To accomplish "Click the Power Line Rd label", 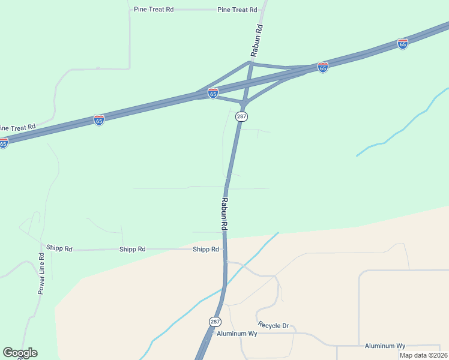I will [x=41, y=273].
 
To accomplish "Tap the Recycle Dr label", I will [x=273, y=326].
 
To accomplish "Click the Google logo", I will [x=20, y=353].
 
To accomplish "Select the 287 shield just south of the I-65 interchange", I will [x=241, y=116].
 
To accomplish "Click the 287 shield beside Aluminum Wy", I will [x=215, y=322].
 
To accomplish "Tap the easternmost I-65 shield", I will [x=403, y=44].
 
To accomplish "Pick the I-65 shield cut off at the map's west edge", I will [x=3, y=143].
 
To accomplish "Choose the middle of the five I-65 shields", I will [x=213, y=93].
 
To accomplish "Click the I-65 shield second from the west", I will [x=99, y=120].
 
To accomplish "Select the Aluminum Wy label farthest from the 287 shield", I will [x=385, y=346].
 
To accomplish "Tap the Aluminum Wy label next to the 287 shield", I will [x=237, y=334].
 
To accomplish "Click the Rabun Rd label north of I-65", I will [x=257, y=40].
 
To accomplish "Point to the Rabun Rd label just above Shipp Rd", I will [x=224, y=214].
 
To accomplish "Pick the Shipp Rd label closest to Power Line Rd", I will [x=59, y=248].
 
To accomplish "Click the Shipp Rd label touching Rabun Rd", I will [x=206, y=249].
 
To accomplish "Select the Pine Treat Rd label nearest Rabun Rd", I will [x=237, y=10].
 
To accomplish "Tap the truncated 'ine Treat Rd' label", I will [x=17, y=127].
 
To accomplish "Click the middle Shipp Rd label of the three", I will [x=133, y=249].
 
